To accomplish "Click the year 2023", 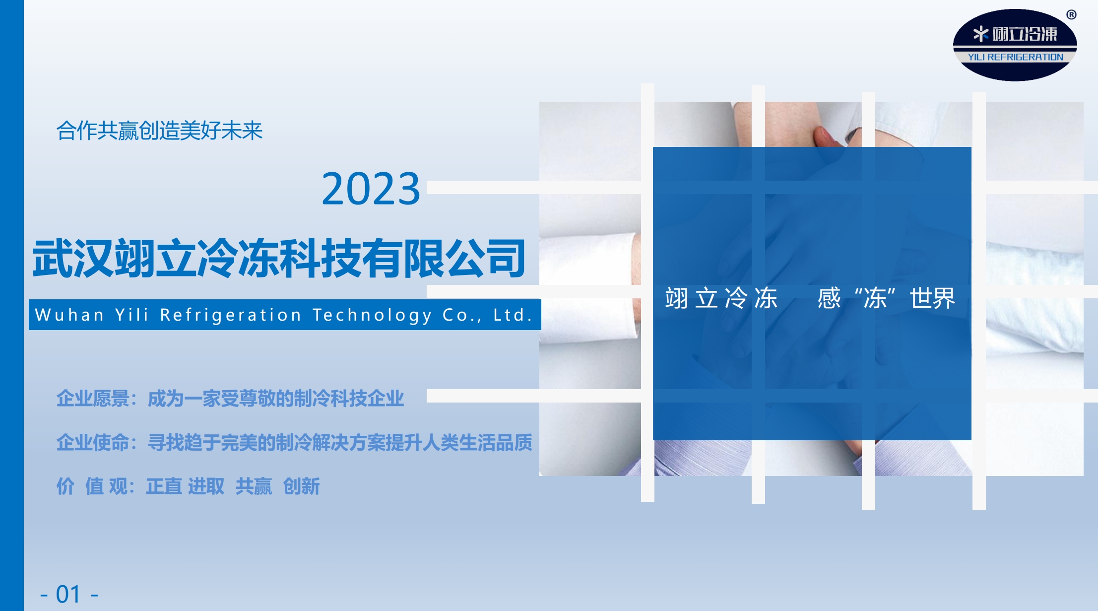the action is click(371, 189).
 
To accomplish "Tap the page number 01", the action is click(68, 594).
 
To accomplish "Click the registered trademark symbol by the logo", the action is click(1071, 15).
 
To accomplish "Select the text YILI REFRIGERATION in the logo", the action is click(1015, 57).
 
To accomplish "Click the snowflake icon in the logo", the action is click(980, 34).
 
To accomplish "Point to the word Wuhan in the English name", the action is click(69, 315).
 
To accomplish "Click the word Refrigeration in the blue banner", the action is click(231, 315).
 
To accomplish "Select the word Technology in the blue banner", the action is click(372, 315).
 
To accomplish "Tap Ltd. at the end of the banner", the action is click(513, 315).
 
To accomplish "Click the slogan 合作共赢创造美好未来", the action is click(159, 131).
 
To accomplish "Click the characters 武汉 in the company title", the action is click(73, 258).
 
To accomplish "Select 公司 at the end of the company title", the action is click(485, 258).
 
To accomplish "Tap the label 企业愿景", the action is click(93, 399).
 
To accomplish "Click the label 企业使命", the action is click(93, 442).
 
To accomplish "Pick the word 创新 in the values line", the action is click(301, 486).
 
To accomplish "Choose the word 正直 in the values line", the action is click(164, 486).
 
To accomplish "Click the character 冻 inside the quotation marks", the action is click(875, 298).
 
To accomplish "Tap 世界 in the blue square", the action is click(932, 298).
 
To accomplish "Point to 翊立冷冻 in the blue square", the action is click(721, 298).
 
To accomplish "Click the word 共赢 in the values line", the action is click(254, 486).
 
